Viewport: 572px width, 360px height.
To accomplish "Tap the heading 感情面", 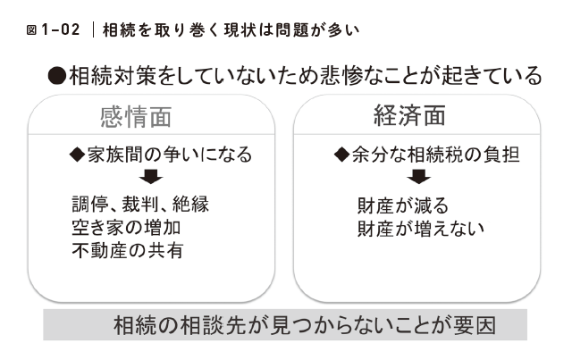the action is (135, 118).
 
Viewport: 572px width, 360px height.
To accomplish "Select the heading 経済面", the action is (409, 117).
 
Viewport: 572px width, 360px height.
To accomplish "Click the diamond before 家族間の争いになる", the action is (76, 155).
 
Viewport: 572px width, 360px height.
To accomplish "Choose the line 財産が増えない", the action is (420, 227).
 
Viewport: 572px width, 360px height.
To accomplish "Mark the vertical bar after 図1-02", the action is (93, 30).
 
